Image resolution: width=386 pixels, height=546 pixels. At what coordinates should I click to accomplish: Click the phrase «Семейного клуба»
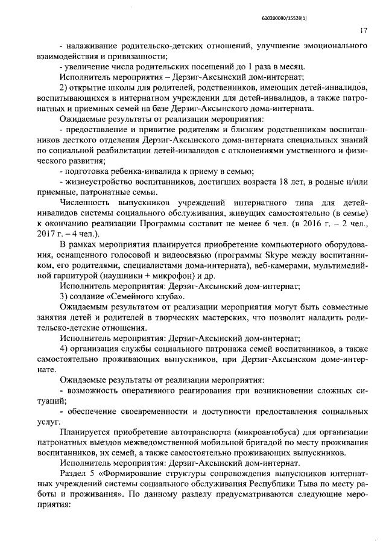[142, 297]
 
